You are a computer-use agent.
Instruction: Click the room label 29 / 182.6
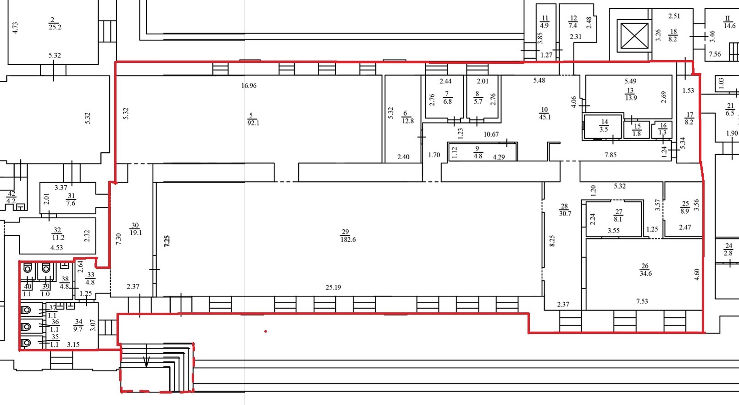tap(348, 235)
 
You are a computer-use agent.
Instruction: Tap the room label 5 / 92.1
tap(253, 119)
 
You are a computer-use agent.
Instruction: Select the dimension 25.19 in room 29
tap(333, 287)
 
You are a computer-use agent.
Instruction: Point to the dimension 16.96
tap(249, 86)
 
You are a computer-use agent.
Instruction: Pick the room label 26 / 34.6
tap(645, 269)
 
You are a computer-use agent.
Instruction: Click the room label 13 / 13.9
tap(631, 94)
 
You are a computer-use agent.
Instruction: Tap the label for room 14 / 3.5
tap(604, 126)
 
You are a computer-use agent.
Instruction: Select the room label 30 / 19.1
tap(135, 229)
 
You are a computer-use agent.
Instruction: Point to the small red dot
tap(266, 331)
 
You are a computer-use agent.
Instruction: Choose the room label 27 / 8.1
tap(618, 215)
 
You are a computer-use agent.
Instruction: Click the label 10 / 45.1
tap(545, 113)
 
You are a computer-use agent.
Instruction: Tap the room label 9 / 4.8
tap(478, 152)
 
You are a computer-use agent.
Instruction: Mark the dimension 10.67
tap(491, 134)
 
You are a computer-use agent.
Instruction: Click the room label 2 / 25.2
tap(55, 24)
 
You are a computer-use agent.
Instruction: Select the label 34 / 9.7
tap(78, 325)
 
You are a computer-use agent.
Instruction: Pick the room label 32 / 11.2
tap(58, 233)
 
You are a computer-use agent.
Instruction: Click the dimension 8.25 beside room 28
tap(552, 241)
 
